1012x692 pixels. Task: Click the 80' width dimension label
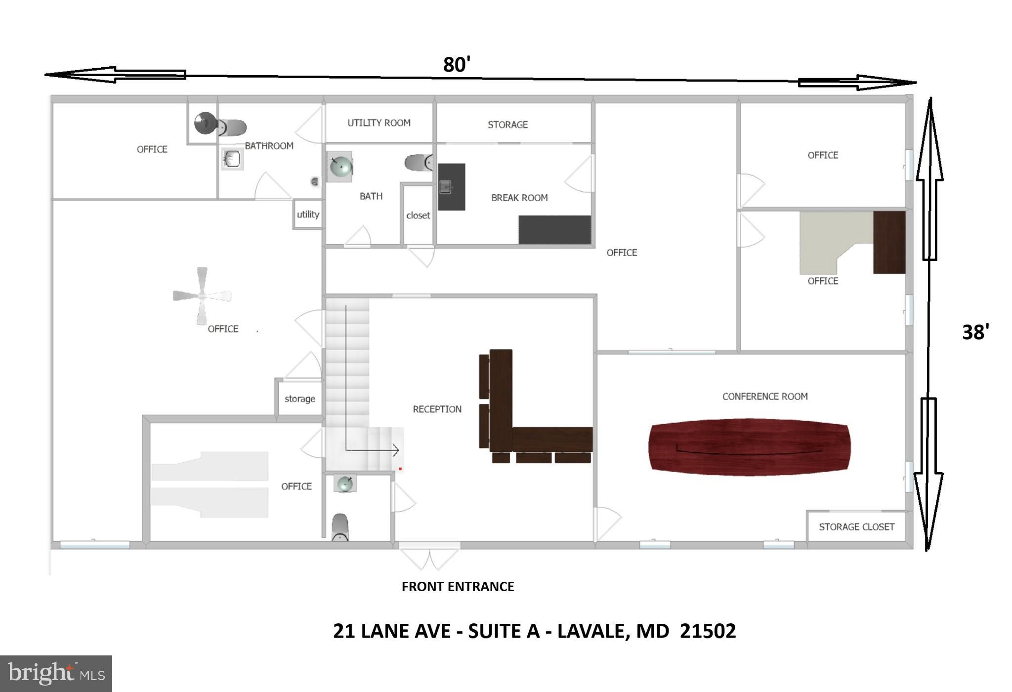pyautogui.click(x=456, y=65)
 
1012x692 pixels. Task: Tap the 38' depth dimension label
pyautogui.click(x=975, y=332)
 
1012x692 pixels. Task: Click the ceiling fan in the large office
pyautogui.click(x=202, y=296)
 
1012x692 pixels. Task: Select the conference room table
pyautogui.click(x=749, y=447)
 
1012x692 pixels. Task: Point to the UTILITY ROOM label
pyautogui.click(x=379, y=123)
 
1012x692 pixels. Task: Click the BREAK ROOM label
pyautogui.click(x=519, y=198)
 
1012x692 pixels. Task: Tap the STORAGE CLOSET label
pyautogui.click(x=856, y=527)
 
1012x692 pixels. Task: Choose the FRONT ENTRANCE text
pyautogui.click(x=458, y=587)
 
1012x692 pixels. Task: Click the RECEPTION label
pyautogui.click(x=437, y=409)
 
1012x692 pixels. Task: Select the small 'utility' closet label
pyautogui.click(x=308, y=215)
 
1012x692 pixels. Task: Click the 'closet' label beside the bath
pyautogui.click(x=418, y=216)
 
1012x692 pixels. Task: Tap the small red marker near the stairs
pyautogui.click(x=400, y=469)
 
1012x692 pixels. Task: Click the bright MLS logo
pyautogui.click(x=56, y=673)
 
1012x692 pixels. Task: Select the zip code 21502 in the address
pyautogui.click(x=708, y=631)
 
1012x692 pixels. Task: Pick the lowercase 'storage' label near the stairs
pyautogui.click(x=299, y=399)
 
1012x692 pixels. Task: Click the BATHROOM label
pyautogui.click(x=269, y=146)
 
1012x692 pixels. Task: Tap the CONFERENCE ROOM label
pyautogui.click(x=765, y=396)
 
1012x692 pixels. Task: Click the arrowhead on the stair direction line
pyautogui.click(x=396, y=450)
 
